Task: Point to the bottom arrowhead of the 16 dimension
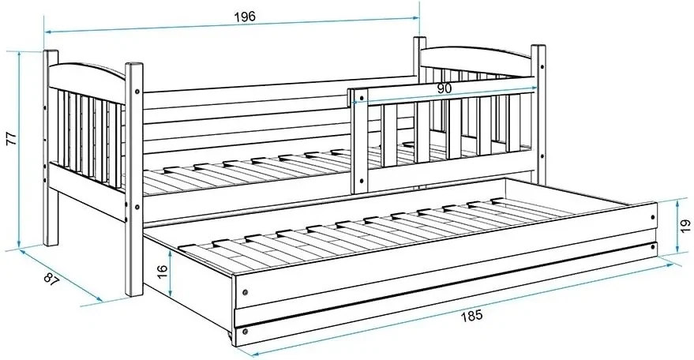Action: pos(171,294)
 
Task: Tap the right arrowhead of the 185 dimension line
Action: pos(670,264)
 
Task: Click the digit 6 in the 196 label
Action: pos(252,16)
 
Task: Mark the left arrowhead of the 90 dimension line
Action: pos(355,103)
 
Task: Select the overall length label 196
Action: pos(245,17)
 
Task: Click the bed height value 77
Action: pos(12,139)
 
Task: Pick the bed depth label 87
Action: pos(51,279)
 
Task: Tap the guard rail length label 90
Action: pos(445,88)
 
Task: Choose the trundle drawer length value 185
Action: pos(472,316)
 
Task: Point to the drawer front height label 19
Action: pos(685,225)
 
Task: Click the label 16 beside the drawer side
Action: pos(162,271)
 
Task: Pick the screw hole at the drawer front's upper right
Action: pos(652,217)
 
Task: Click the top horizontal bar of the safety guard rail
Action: pos(443,90)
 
